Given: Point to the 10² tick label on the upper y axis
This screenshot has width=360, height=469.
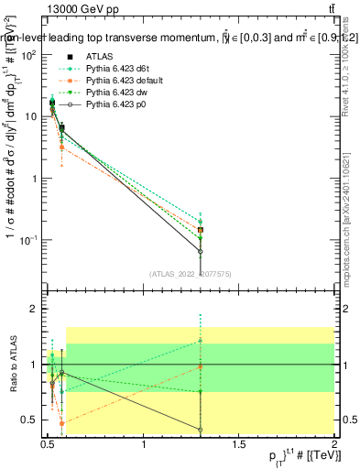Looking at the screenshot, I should (x=29, y=55).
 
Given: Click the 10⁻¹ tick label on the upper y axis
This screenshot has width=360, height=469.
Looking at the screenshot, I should (x=29, y=240).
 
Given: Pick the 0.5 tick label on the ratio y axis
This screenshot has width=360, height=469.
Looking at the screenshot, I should (x=29, y=420).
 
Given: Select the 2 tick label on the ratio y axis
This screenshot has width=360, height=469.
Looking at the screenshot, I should (x=33, y=310).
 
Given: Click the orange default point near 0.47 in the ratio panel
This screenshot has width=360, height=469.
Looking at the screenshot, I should (x=61, y=423).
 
